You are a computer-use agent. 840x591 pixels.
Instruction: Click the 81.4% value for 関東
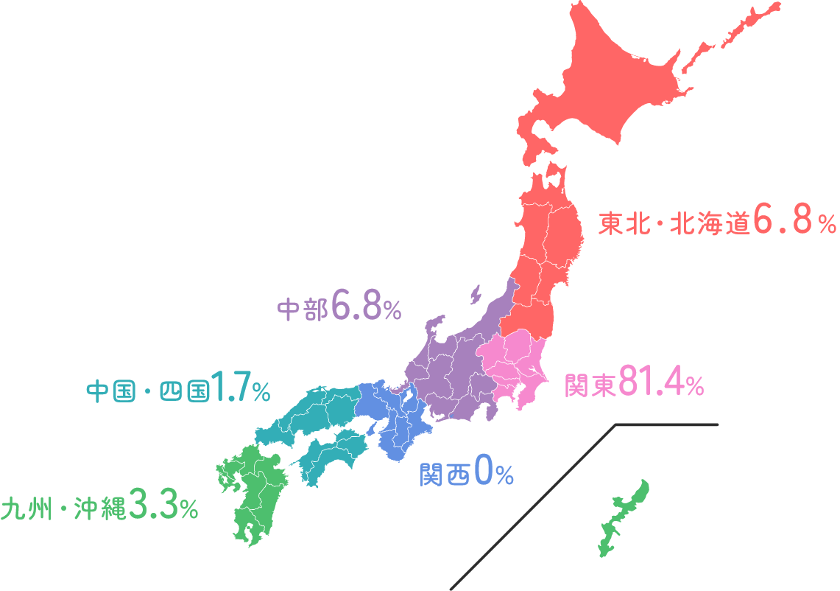[661, 382]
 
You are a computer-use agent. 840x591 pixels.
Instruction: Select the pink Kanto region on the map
[515, 372]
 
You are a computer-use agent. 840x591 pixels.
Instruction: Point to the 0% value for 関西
[494, 472]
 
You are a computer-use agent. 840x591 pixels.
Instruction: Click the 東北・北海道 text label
[673, 223]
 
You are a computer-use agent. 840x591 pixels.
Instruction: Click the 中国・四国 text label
[147, 391]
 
